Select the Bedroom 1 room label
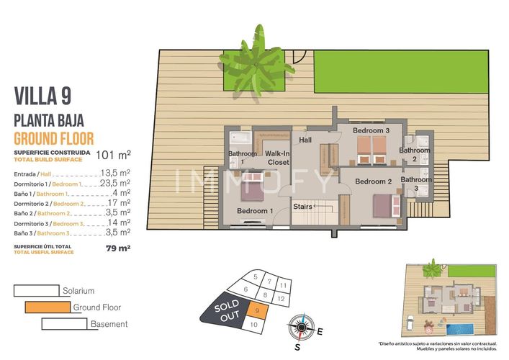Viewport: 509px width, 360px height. [x=255, y=210]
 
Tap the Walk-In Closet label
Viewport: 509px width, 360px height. [x=277, y=158]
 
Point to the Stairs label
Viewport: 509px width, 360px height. [x=303, y=207]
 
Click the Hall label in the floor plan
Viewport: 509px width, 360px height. [x=305, y=140]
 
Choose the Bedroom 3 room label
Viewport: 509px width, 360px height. [x=371, y=130]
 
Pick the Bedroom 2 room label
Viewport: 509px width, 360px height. [x=373, y=181]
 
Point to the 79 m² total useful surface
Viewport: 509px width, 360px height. [x=113, y=248]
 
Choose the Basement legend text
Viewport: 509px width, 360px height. [x=109, y=324]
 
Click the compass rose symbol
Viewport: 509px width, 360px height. [x=303, y=325]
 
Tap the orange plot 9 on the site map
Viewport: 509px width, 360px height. [x=258, y=311]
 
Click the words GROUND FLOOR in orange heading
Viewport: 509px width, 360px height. [x=54, y=138]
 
